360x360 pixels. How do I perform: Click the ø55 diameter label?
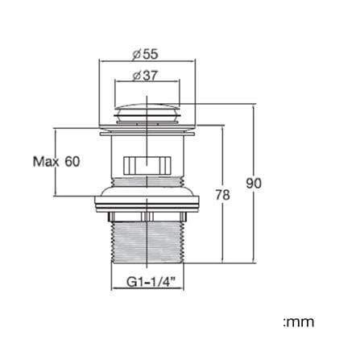145,54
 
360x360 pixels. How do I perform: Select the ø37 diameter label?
145,76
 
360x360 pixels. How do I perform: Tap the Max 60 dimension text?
56,162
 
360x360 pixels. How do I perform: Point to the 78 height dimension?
223,195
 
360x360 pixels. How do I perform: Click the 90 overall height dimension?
254,184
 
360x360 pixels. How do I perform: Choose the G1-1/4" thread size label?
151,283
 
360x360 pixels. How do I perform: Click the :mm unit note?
299,322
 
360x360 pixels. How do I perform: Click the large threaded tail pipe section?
147,242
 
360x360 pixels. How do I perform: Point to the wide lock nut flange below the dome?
147,203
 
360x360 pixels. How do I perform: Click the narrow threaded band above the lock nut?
147,181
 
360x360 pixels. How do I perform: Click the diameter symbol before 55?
136,55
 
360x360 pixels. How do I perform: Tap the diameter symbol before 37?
137,76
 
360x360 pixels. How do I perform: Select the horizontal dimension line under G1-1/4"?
147,289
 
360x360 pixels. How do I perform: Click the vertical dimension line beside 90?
253,184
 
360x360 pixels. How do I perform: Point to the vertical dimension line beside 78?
222,194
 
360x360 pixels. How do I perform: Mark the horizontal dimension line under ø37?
147,80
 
